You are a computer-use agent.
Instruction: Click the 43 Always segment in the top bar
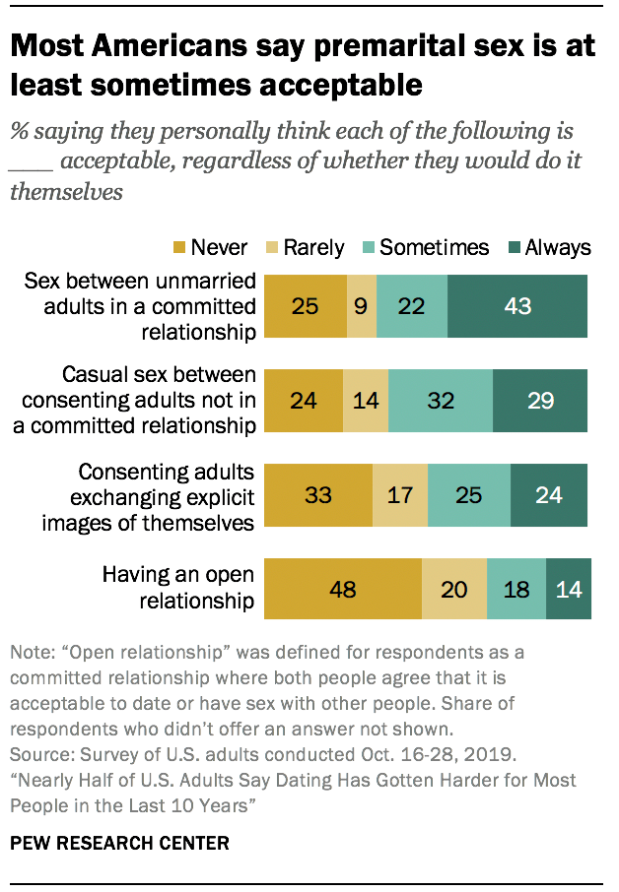(x=517, y=306)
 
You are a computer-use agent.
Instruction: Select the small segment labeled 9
(x=362, y=306)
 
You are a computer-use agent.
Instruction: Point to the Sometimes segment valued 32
(x=441, y=400)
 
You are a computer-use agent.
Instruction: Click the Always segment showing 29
(x=540, y=400)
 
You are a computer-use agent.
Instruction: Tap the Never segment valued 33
(x=319, y=493)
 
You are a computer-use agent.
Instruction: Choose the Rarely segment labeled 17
(x=400, y=493)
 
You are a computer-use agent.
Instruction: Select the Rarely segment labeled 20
(x=454, y=590)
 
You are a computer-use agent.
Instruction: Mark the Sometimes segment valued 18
(x=516, y=590)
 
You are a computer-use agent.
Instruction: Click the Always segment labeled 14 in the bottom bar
(x=569, y=590)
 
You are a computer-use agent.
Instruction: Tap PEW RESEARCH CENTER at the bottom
(x=119, y=844)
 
